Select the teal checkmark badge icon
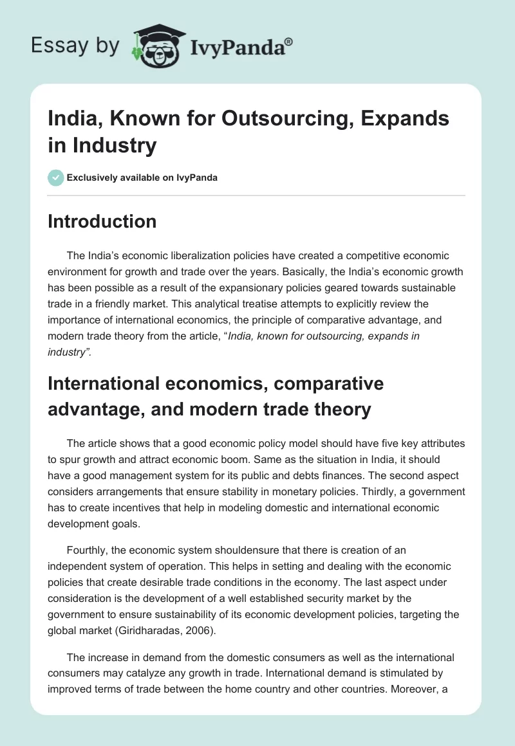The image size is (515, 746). (56, 177)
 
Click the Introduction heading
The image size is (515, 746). (102, 222)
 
